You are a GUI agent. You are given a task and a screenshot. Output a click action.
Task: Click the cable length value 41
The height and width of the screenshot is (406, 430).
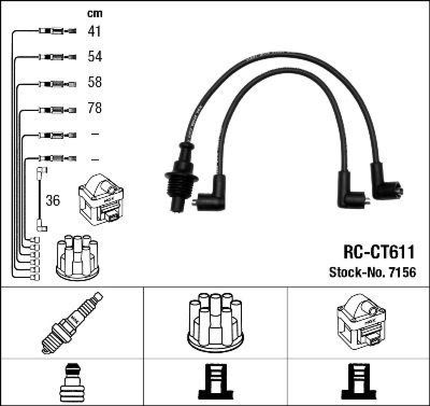click(95, 31)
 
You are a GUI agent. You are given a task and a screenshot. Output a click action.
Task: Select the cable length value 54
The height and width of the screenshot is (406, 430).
click(95, 57)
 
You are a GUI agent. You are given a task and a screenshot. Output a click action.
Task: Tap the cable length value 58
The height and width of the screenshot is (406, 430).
click(95, 82)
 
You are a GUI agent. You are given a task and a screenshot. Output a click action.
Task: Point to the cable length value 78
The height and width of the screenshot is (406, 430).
click(95, 108)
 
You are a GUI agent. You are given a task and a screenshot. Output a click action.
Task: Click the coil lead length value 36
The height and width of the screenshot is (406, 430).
click(53, 201)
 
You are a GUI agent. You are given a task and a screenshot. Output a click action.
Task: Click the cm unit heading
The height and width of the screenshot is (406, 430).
click(95, 13)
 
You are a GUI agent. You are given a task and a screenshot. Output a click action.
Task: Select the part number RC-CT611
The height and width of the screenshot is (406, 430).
click(378, 252)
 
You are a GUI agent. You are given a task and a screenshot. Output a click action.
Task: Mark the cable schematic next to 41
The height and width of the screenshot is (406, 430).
click(57, 31)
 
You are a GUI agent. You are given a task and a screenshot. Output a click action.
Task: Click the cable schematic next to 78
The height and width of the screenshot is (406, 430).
click(57, 108)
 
